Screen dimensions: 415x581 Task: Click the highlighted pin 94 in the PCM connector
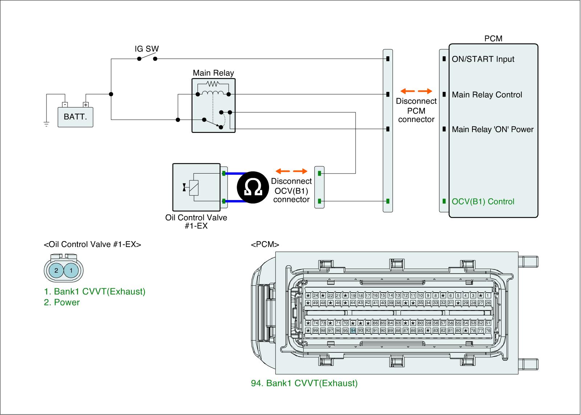point(353,330)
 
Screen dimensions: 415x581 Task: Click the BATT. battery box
point(75,117)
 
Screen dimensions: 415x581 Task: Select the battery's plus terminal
point(86,105)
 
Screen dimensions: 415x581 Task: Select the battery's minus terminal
point(64,105)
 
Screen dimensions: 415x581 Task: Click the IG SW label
point(147,49)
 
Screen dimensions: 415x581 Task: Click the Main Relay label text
point(213,73)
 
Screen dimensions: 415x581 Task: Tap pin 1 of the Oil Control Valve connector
point(71,270)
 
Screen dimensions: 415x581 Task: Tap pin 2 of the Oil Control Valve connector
point(56,270)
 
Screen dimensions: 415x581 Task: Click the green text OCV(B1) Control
point(483,202)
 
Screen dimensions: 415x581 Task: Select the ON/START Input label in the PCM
point(483,59)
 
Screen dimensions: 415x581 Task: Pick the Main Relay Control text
point(487,95)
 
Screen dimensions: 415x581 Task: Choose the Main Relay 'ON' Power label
point(492,129)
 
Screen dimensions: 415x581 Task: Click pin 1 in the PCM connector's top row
point(488,296)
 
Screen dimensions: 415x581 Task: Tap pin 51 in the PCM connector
point(488,323)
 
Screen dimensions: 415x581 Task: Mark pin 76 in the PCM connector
point(488,330)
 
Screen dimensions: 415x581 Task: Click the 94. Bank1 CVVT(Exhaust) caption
point(304,383)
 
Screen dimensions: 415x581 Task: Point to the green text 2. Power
point(62,302)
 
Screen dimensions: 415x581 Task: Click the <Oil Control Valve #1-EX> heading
point(92,244)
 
